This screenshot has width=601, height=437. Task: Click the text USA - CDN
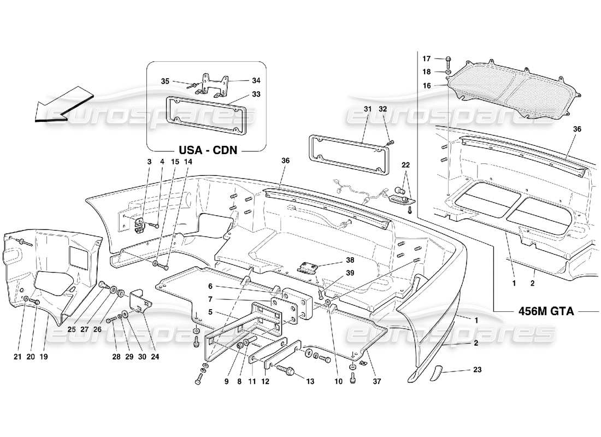(207, 149)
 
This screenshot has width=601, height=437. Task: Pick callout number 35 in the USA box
(165, 81)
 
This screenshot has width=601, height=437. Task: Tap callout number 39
(350, 273)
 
